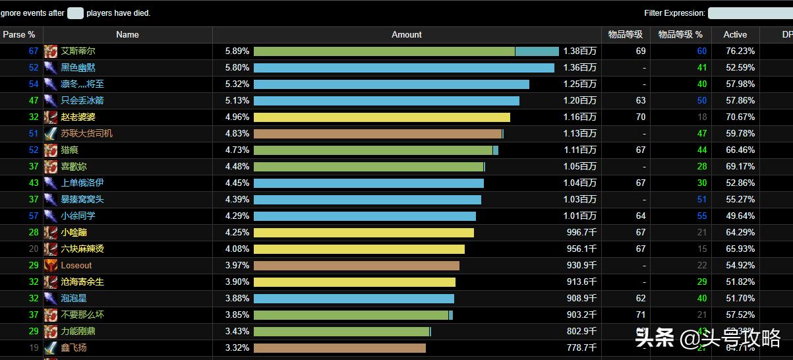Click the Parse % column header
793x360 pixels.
[19, 35]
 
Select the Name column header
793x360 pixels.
[127, 35]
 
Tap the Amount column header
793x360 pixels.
[407, 35]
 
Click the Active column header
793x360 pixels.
[735, 35]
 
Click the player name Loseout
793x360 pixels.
[76, 266]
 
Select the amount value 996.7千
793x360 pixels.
[581, 233]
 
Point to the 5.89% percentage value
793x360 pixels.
[237, 51]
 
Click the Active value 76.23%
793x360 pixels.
[740, 51]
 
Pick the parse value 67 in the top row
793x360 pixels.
[34, 51]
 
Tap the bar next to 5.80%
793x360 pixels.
[403, 68]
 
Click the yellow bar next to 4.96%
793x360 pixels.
[382, 117]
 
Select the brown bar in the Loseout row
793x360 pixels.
[356, 266]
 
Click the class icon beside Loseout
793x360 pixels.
[51, 266]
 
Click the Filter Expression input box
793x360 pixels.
[749, 13]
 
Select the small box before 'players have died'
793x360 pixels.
[75, 13]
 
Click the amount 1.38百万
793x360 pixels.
[580, 51]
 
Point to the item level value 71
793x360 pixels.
[641, 315]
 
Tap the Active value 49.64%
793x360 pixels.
[740, 216]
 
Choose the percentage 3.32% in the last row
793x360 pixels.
[237, 348]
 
